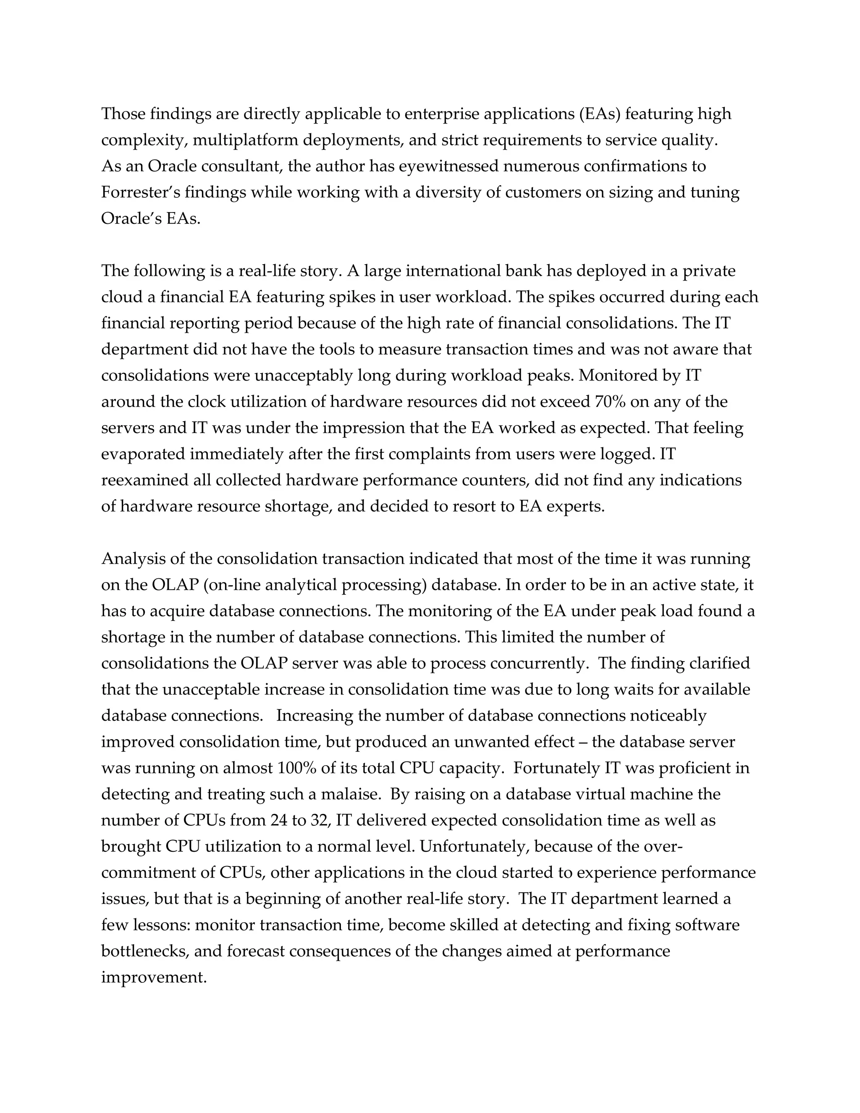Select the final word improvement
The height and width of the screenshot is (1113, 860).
pyautogui.click(x=153, y=977)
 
